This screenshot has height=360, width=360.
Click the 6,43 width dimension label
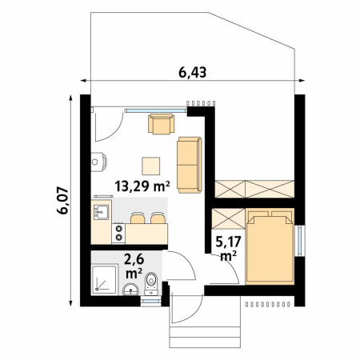tap(192, 72)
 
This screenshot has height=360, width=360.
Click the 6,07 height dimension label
tap(62, 201)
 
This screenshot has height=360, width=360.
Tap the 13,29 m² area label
tap(142, 186)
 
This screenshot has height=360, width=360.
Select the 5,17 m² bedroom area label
tap(228, 249)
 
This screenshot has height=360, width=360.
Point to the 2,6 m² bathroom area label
tap(134, 266)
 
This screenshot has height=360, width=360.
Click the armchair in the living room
tap(162, 124)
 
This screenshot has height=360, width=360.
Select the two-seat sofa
tap(190, 165)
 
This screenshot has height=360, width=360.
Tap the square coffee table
tap(151, 166)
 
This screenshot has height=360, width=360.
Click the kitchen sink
tap(101, 212)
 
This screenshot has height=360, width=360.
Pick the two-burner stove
tap(118, 233)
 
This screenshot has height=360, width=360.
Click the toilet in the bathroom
tap(151, 284)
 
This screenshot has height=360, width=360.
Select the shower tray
tap(105, 280)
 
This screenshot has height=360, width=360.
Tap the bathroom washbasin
tap(130, 290)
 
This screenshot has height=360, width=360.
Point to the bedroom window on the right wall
tap(300, 241)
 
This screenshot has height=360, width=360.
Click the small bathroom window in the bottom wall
tap(151, 302)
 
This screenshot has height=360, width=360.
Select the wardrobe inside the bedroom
tap(229, 218)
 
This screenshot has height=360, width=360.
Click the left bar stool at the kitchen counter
tap(138, 218)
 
